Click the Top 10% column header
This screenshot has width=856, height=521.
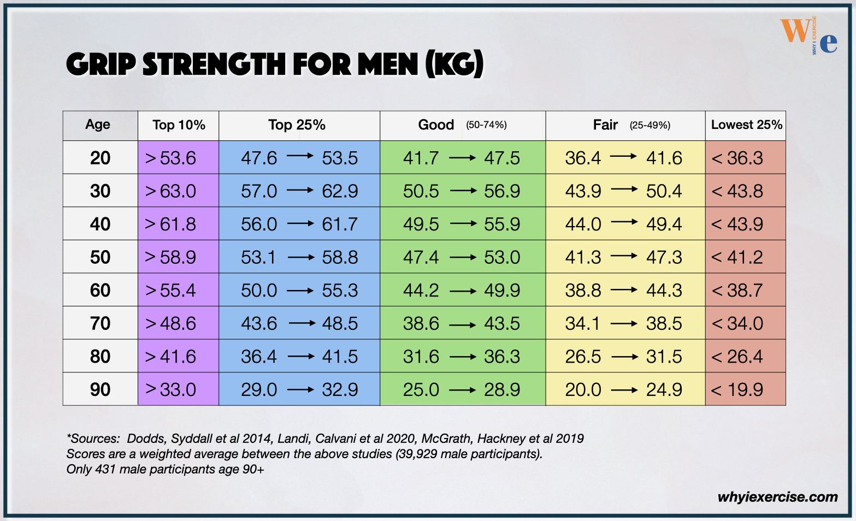point(179,125)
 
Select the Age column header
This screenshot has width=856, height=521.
point(98,125)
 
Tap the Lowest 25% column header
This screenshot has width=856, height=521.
point(746,125)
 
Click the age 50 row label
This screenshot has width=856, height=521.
point(100,257)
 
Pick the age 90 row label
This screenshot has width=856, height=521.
point(100,389)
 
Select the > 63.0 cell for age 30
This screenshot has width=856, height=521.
point(170,191)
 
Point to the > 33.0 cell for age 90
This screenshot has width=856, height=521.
point(170,389)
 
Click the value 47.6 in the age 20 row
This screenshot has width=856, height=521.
point(259,158)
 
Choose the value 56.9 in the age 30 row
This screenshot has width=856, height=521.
point(502,191)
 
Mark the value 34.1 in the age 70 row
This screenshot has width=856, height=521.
point(582,323)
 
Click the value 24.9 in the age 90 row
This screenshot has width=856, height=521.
point(664,389)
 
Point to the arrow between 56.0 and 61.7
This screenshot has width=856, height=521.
point(300,223)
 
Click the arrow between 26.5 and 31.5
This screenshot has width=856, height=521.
point(624,357)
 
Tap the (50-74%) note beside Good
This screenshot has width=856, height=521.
point(486,125)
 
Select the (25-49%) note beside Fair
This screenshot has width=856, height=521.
point(650,125)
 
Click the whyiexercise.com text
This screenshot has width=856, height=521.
point(777,497)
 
